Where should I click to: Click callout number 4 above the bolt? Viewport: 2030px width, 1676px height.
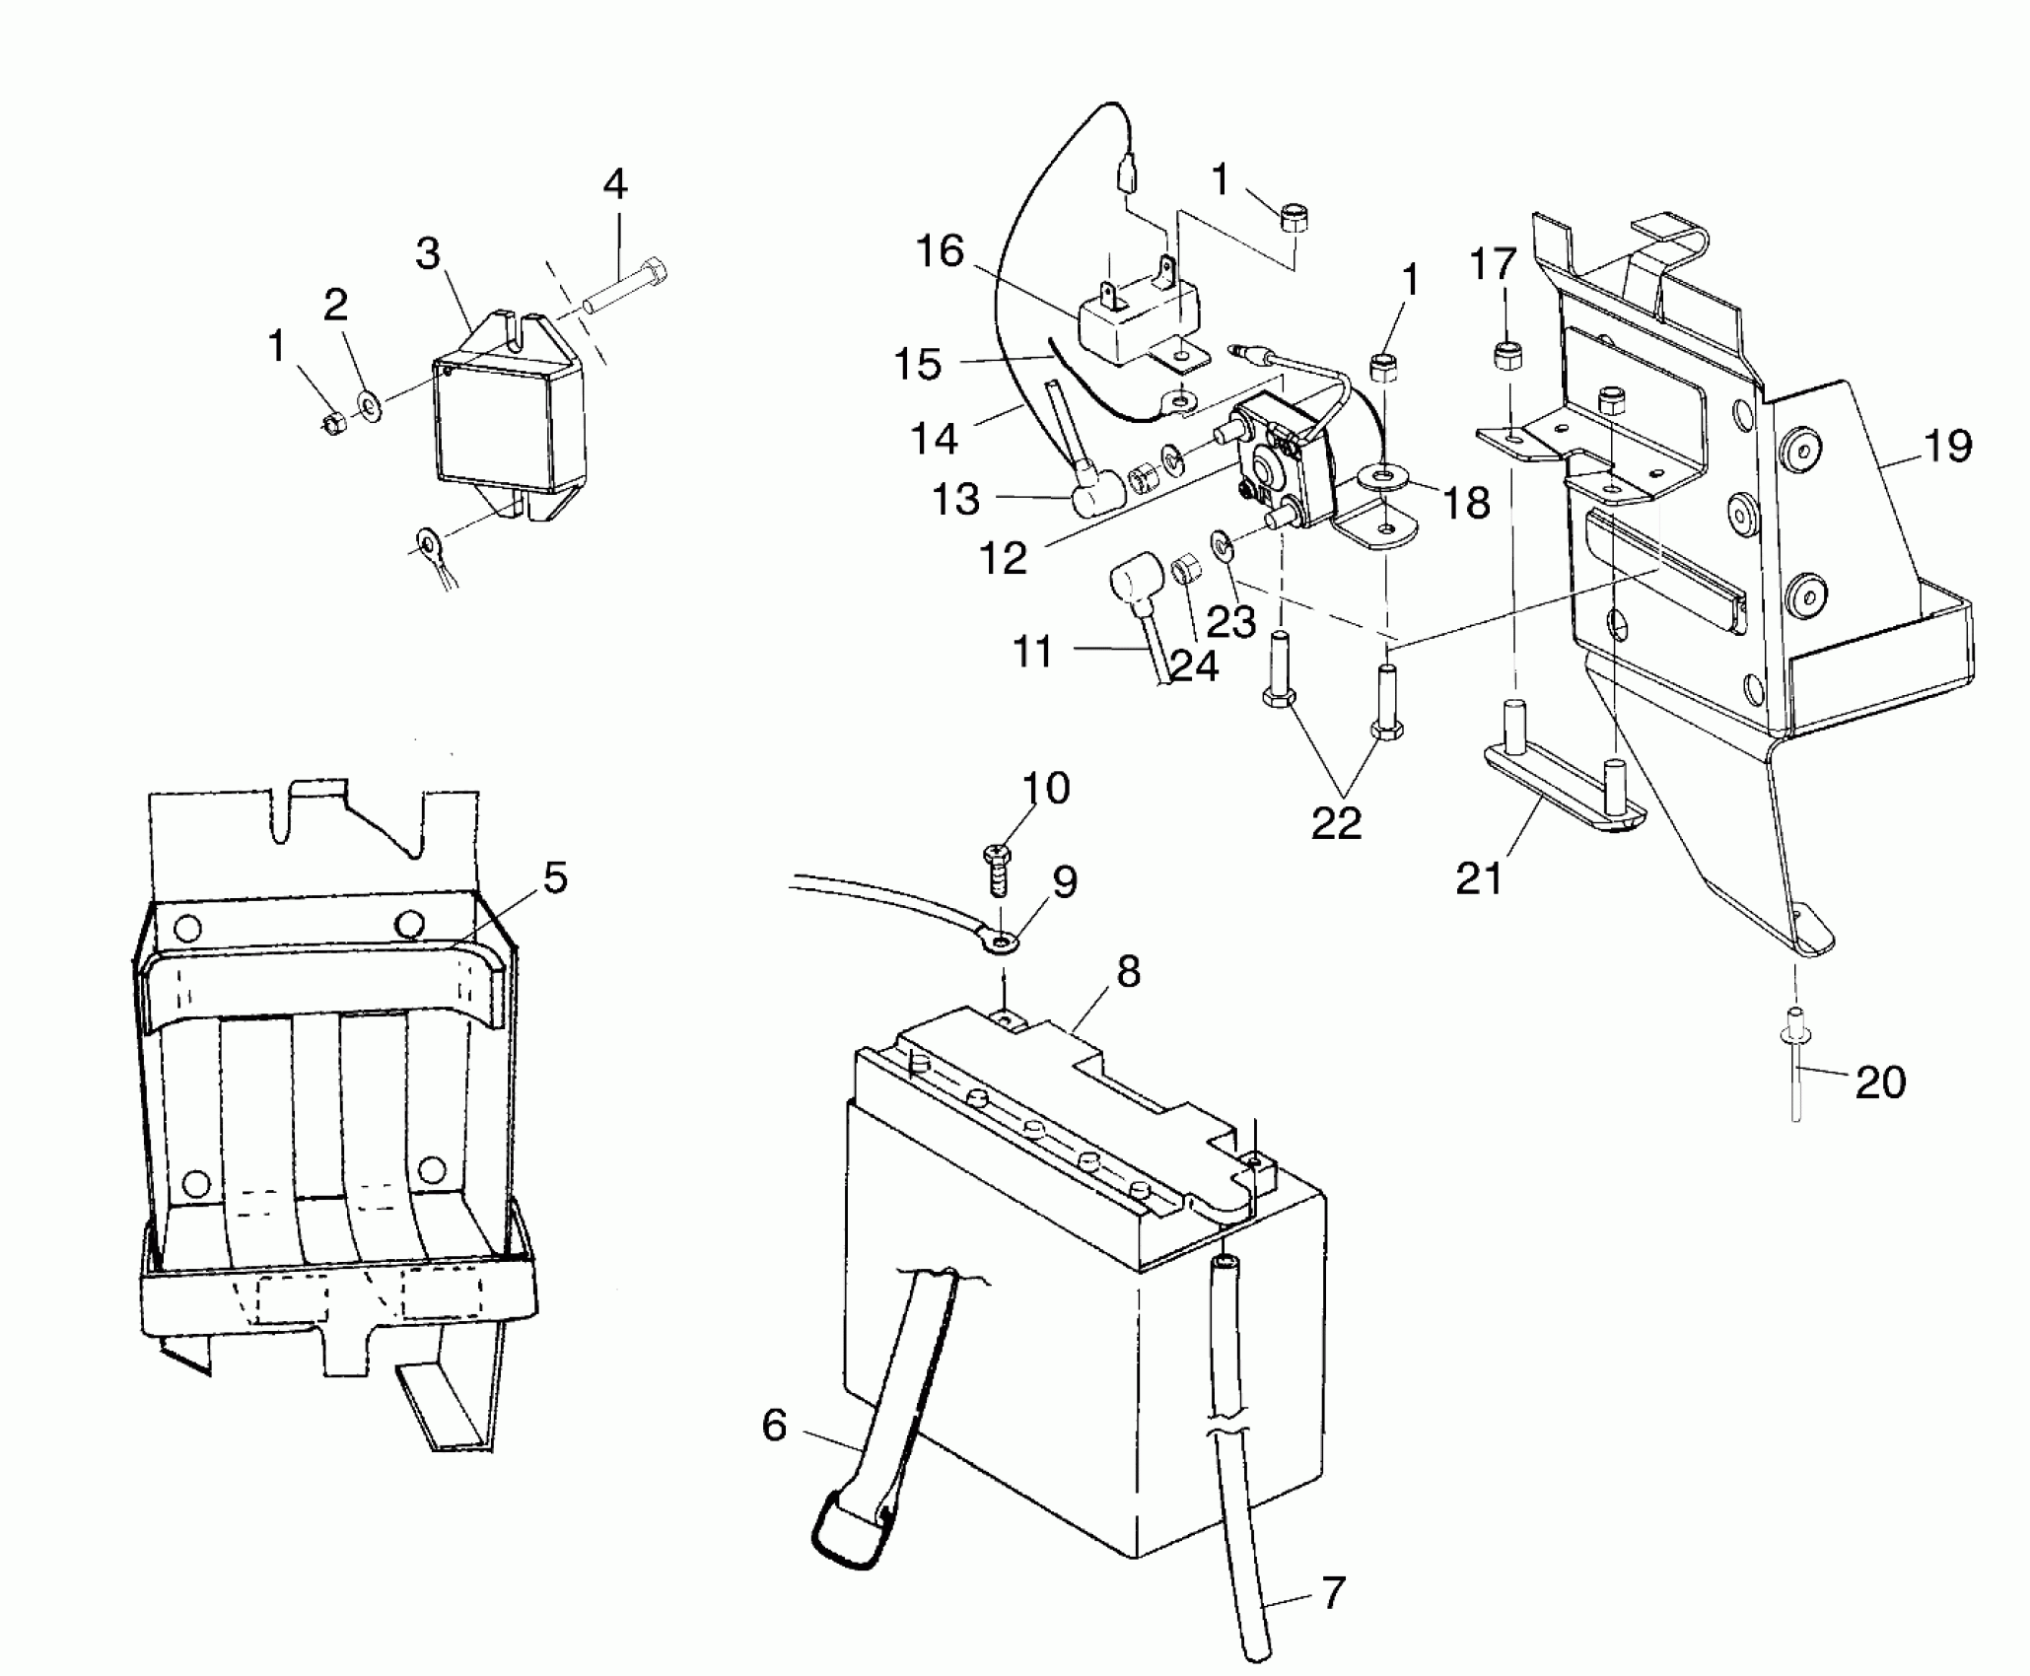point(614,184)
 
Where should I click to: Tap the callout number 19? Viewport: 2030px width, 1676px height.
point(1947,446)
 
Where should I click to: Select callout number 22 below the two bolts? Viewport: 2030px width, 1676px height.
point(1336,821)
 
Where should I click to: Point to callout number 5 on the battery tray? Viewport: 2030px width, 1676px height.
point(556,877)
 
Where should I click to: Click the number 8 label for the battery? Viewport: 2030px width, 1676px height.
point(1129,972)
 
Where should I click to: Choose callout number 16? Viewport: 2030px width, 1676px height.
point(939,252)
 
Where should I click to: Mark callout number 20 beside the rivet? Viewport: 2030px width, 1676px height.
point(1880,1082)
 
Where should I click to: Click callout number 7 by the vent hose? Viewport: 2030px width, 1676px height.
point(1333,1592)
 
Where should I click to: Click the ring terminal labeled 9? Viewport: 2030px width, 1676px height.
point(1001,945)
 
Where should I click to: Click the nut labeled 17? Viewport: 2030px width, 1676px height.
point(1506,354)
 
